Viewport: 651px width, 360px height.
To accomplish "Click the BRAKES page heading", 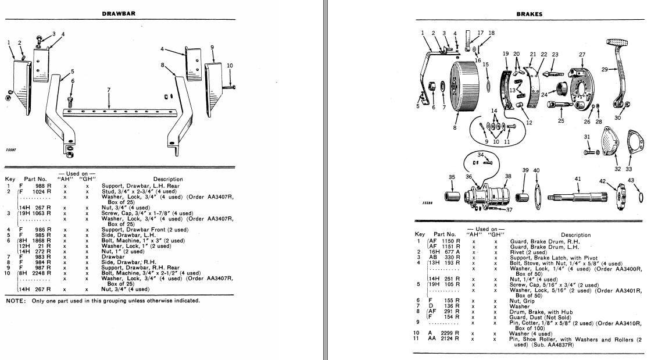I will [x=529, y=14].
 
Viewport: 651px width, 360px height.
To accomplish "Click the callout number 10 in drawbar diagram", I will [x=230, y=65].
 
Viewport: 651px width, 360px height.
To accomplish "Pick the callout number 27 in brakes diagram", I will [x=582, y=55].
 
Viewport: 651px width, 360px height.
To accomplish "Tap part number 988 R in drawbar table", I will [x=44, y=186].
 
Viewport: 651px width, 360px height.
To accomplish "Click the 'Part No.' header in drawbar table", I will [x=34, y=179].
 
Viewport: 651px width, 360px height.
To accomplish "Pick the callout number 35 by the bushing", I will [x=452, y=177].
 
